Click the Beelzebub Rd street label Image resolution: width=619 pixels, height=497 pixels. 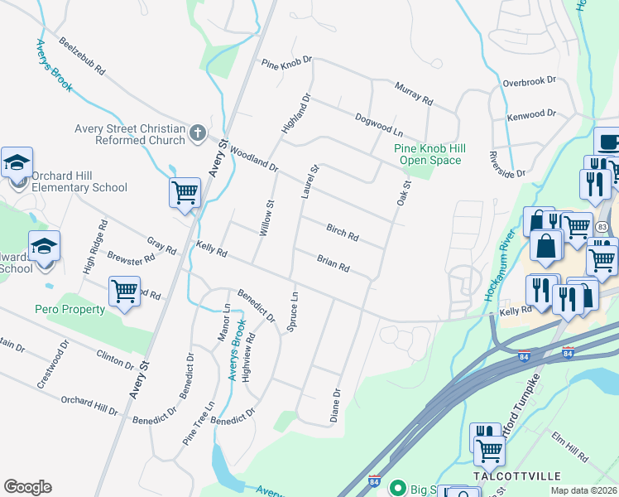[x=80, y=58]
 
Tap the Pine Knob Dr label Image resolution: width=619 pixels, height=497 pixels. [x=287, y=62]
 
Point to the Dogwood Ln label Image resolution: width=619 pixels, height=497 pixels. [x=378, y=125]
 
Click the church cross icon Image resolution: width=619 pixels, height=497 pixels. [x=197, y=133]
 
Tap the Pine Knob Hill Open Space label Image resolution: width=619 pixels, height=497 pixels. [x=429, y=154]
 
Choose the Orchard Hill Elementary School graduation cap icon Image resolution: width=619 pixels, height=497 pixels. [x=17, y=163]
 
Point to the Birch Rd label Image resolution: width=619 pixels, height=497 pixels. [x=342, y=233]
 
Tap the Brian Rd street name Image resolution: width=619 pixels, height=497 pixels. [x=333, y=265]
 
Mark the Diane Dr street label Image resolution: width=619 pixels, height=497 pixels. [x=336, y=406]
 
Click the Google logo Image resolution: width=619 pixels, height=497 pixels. [x=27, y=487]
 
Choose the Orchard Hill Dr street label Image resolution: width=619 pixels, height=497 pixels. [x=89, y=405]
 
